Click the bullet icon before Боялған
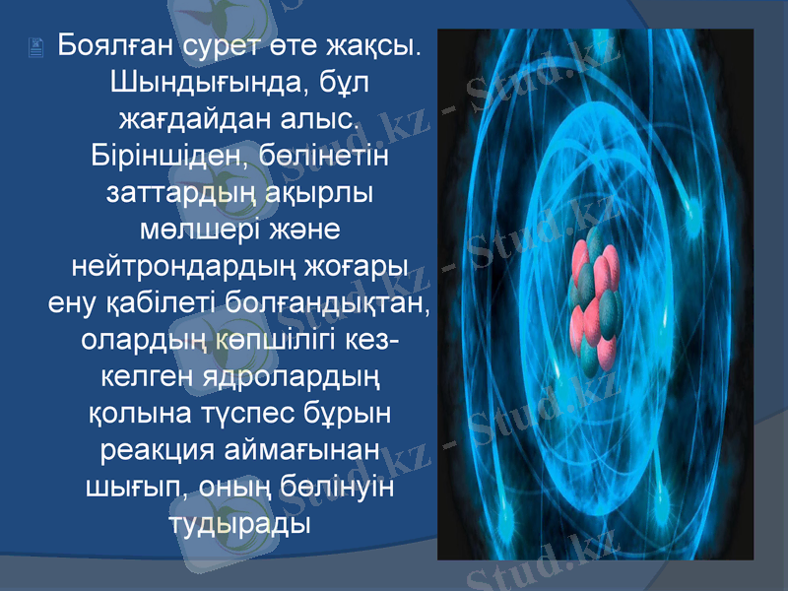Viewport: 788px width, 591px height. click(x=35, y=46)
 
